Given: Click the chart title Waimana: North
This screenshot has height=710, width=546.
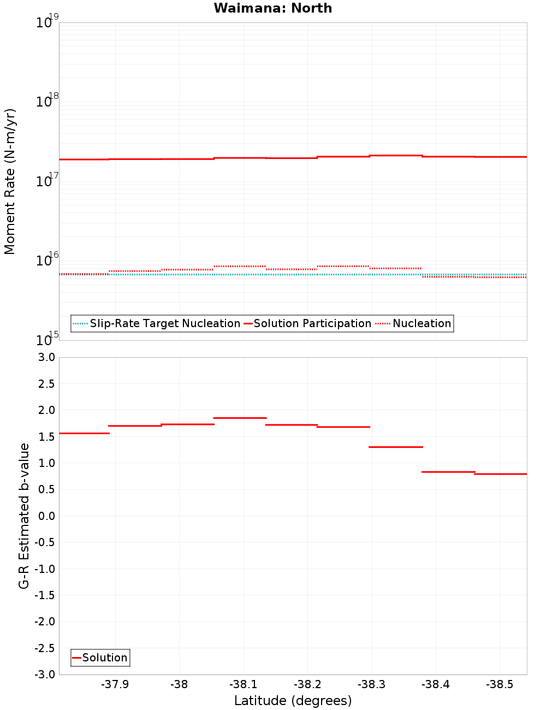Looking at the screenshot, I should pyautogui.click(x=272, y=8).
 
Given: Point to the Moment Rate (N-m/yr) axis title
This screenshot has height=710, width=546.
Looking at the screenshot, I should pyautogui.click(x=10, y=181).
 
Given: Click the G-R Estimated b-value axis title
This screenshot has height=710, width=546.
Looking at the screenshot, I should pyautogui.click(x=24, y=516).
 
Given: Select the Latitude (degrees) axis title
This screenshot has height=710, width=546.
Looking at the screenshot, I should pyautogui.click(x=293, y=701).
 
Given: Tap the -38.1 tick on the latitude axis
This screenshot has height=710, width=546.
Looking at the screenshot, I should pyautogui.click(x=243, y=684).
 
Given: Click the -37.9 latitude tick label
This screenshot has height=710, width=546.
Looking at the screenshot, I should pyautogui.click(x=115, y=684).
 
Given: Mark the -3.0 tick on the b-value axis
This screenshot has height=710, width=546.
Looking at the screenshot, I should pyautogui.click(x=45, y=674).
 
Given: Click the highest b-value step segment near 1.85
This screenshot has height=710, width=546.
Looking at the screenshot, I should pyautogui.click(x=240, y=418).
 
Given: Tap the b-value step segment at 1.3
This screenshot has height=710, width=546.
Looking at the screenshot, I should pyautogui.click(x=396, y=447).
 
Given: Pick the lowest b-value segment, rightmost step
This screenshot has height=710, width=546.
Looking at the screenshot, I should pyautogui.click(x=501, y=474).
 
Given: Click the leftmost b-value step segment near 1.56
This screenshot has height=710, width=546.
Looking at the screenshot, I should pyautogui.click(x=84, y=433).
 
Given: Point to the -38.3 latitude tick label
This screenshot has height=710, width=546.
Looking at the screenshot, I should pyautogui.click(x=371, y=684).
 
